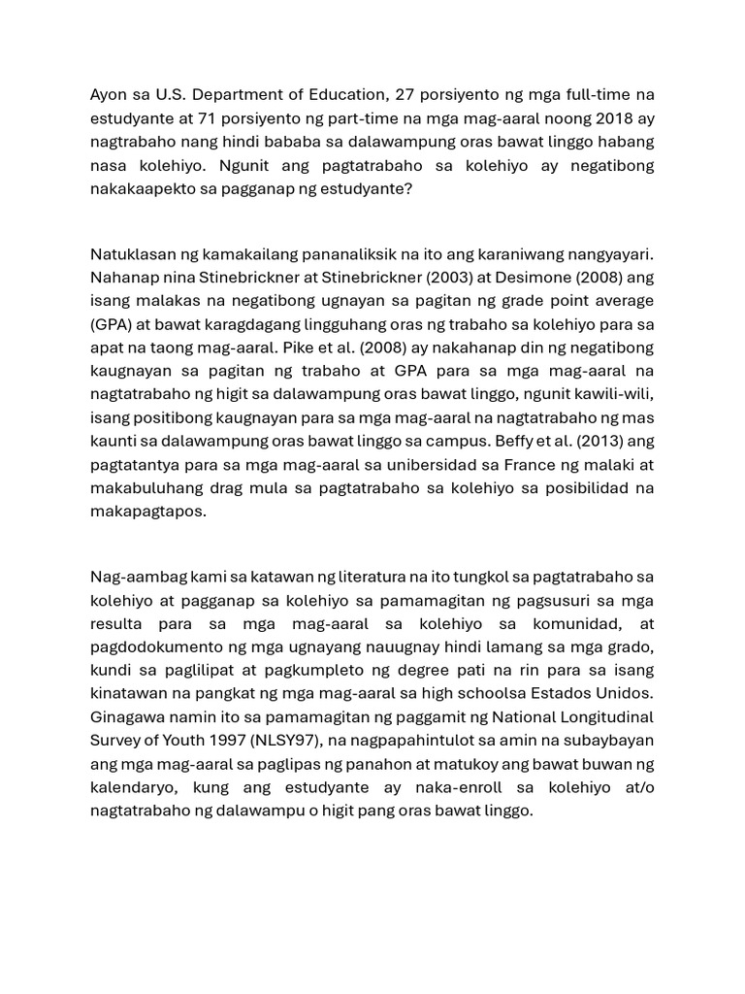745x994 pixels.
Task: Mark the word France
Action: coord(535,464)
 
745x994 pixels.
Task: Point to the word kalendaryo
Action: coord(134,787)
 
